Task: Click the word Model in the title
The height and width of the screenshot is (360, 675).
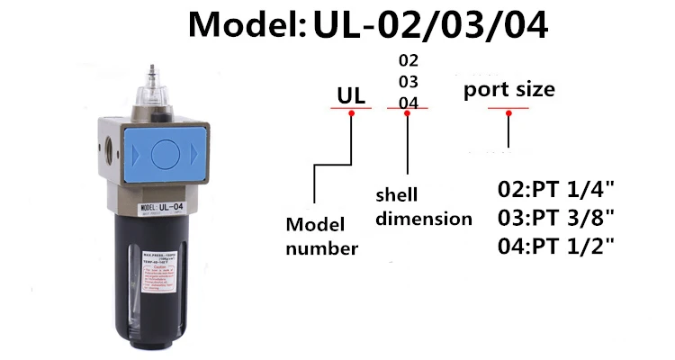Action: [x=240, y=25]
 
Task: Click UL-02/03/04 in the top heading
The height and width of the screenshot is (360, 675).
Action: [x=429, y=25]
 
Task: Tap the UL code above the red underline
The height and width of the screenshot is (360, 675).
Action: [x=350, y=94]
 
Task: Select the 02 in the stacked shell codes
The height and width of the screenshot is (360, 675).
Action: [x=409, y=61]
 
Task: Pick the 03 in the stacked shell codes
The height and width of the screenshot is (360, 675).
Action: [x=409, y=82]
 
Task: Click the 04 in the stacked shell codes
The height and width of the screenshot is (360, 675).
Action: [x=409, y=102]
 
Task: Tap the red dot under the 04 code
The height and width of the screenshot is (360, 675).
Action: [x=408, y=112]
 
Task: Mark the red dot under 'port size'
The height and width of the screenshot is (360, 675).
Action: [x=508, y=112]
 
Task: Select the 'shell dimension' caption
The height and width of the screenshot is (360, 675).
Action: [x=423, y=207]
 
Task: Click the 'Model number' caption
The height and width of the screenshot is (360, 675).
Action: [x=321, y=236]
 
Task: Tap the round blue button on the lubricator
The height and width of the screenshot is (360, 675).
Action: [x=165, y=154]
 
